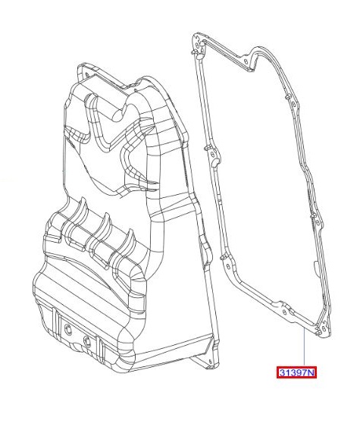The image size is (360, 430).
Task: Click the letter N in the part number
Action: tap(311, 372)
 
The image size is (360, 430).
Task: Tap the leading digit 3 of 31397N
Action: tap(282, 372)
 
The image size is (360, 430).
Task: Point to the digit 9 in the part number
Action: tap(297, 372)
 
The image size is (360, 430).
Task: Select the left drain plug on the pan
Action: tap(67, 329)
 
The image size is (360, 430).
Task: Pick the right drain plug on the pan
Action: tap(87, 341)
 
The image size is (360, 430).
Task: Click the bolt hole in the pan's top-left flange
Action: tap(87, 74)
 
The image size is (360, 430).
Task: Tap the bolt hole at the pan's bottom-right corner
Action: tap(210, 361)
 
